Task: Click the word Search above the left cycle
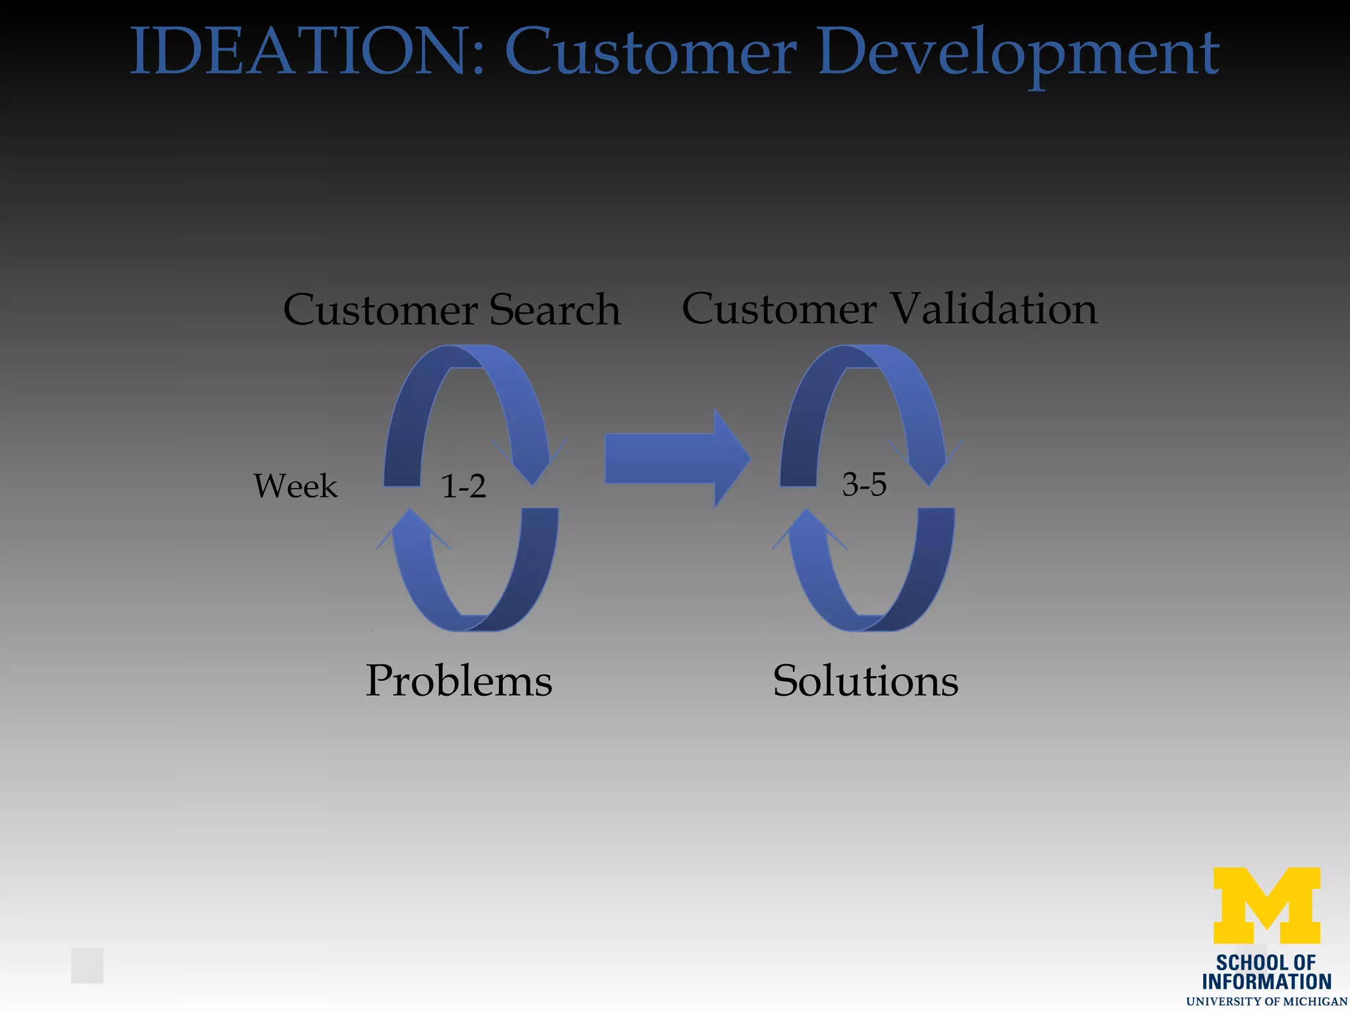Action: (x=554, y=309)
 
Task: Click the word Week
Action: (x=295, y=486)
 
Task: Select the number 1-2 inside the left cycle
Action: (x=463, y=486)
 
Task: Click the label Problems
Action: (x=459, y=681)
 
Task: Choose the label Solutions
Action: (x=866, y=681)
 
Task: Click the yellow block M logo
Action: (x=1266, y=905)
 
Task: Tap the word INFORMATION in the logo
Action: (x=1266, y=982)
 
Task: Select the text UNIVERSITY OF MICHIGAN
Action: (x=1266, y=1002)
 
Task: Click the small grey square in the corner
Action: (x=88, y=966)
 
